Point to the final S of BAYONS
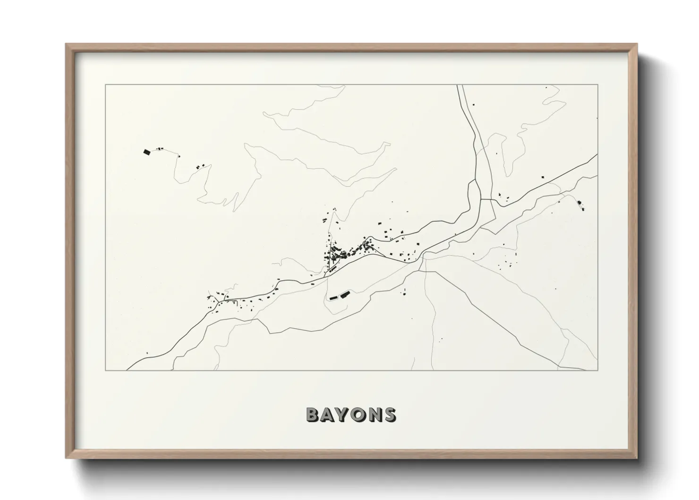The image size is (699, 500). point(390,414)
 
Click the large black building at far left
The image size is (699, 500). point(146,152)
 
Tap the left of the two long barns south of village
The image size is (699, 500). point(333,297)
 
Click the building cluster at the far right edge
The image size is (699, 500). point(580,205)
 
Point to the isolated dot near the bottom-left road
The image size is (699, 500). point(147,353)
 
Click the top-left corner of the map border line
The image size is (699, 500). point(105,85)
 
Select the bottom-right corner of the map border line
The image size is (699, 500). point(598,370)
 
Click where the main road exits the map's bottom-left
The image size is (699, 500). point(128,370)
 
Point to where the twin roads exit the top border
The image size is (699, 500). point(460,86)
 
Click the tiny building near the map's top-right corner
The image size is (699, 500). point(546,87)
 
